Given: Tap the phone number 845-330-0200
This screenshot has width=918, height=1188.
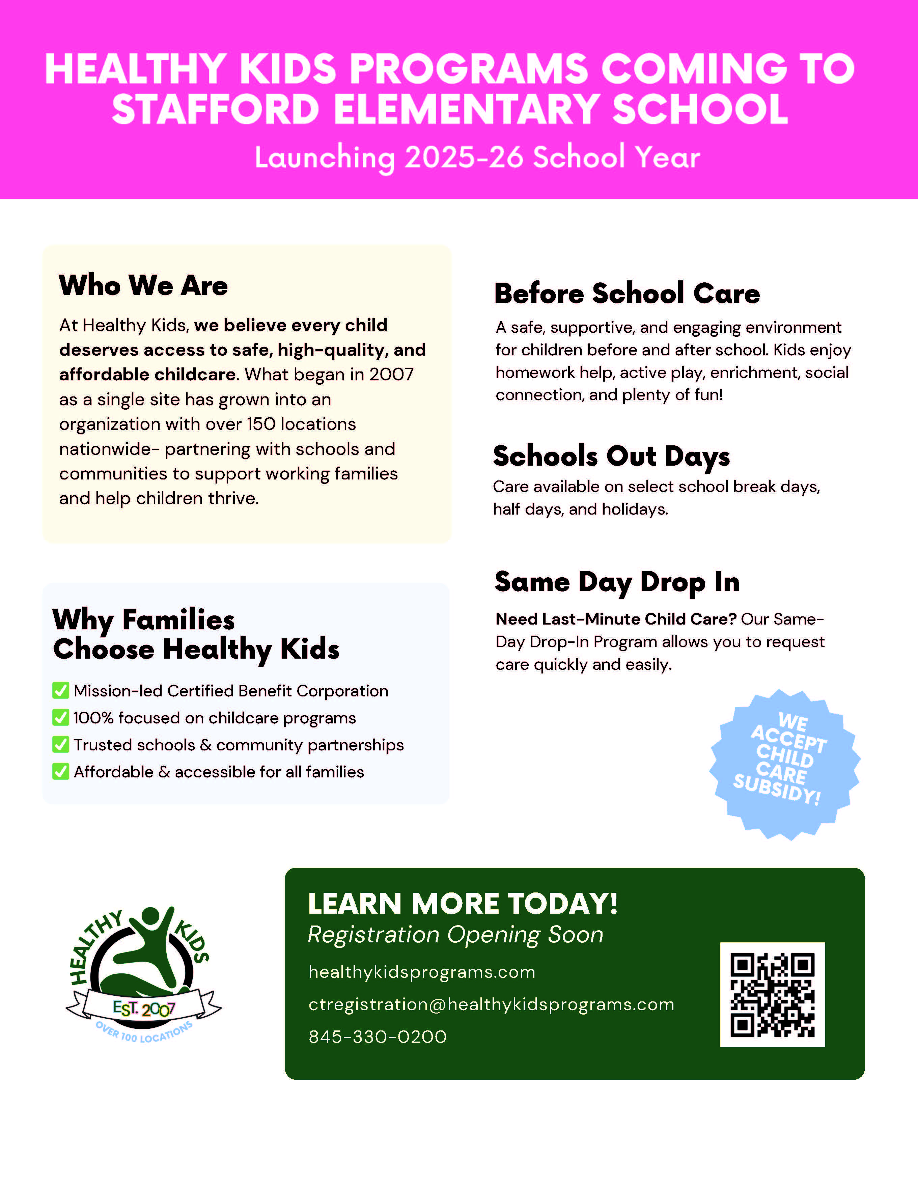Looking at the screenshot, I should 378,1037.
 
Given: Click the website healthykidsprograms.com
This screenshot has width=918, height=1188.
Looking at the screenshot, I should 421,972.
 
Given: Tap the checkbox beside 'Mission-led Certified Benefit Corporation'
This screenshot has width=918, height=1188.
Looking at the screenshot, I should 60,690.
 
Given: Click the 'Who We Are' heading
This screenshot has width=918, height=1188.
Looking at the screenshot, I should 143,285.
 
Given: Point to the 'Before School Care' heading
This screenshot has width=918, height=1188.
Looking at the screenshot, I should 627,294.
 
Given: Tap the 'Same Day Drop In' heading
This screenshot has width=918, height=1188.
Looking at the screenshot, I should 617,582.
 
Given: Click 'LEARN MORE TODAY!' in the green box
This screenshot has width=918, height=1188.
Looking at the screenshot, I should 463,904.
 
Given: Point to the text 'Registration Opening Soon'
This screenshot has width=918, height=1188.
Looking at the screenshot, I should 455,935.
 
